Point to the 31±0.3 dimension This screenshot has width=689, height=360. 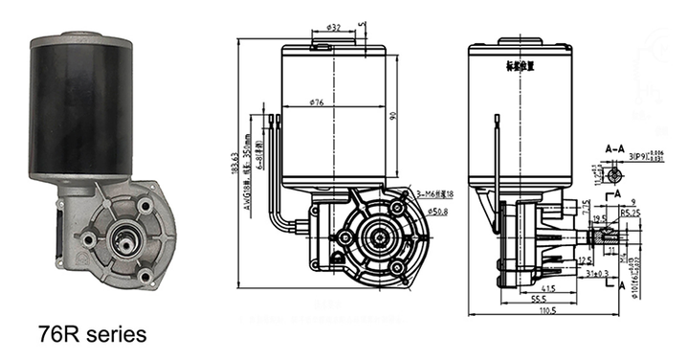click(x=596, y=274)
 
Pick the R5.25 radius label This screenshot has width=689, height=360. click(x=630, y=212)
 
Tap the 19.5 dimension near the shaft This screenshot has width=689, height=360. click(x=599, y=217)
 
